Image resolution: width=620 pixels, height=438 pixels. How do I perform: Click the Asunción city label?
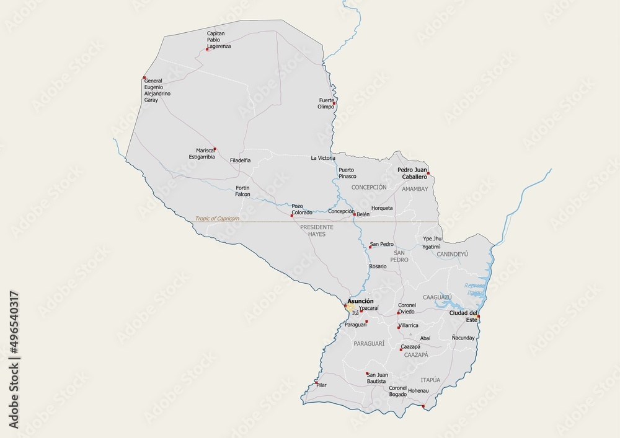click(x=361, y=301)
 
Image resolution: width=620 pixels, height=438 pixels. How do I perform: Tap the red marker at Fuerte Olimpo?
click(x=334, y=103)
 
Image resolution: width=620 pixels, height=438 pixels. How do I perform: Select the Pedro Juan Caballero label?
click(x=412, y=172)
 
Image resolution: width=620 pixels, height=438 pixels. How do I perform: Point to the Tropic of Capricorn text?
click(x=217, y=219)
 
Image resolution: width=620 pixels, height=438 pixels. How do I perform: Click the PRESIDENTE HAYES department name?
click(x=316, y=230)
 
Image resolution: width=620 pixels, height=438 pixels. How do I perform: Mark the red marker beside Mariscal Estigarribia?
click(x=215, y=149)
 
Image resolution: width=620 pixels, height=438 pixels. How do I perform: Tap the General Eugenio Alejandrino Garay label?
click(x=156, y=90)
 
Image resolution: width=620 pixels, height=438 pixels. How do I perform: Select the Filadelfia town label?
click(x=240, y=160)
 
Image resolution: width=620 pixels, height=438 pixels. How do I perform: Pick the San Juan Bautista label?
click(x=377, y=378)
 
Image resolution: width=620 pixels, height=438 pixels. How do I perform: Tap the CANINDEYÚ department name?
click(x=452, y=254)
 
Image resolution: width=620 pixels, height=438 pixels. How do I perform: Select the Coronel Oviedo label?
click(x=407, y=308)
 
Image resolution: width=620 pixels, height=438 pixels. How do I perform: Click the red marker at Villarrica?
click(x=398, y=325)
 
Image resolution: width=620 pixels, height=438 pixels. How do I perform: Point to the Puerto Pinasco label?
click(x=347, y=173)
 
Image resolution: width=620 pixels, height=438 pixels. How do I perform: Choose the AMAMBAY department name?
click(x=415, y=189)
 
